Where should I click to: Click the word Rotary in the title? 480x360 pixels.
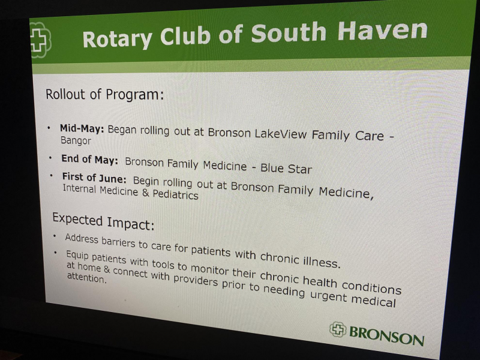click(x=117, y=39)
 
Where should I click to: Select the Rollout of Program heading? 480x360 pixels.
click(x=104, y=94)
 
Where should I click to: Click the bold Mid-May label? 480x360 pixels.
click(x=82, y=128)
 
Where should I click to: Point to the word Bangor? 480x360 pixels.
click(x=76, y=141)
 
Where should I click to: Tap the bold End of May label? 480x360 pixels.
click(x=89, y=159)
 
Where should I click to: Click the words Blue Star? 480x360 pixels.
click(x=286, y=169)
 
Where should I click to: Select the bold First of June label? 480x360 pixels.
click(x=94, y=178)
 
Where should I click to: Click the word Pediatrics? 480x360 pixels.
click(x=175, y=194)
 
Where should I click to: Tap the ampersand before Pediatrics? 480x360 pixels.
click(x=146, y=193)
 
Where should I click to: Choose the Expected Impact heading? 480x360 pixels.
click(x=103, y=221)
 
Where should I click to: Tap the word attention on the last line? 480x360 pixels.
click(x=86, y=278)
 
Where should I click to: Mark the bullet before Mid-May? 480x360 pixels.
click(x=49, y=128)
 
